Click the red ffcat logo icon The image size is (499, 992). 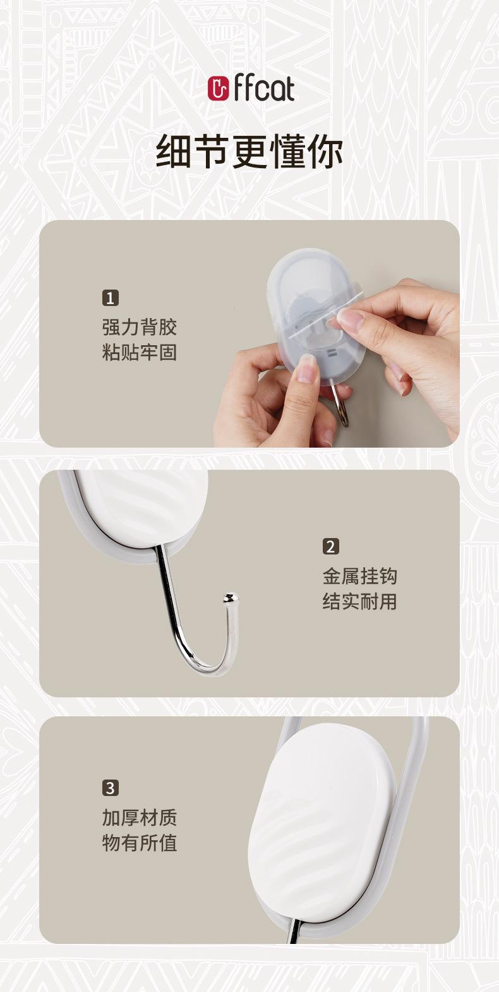pyautogui.click(x=218, y=89)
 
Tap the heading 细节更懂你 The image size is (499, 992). pyautogui.click(x=249, y=152)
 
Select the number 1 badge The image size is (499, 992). pyautogui.click(x=110, y=298)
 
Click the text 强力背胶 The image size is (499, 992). pyautogui.click(x=140, y=328)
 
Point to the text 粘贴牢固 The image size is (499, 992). pyautogui.click(x=140, y=353)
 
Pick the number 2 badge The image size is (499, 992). pyautogui.click(x=330, y=546)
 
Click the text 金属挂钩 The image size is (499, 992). pyautogui.click(x=359, y=576)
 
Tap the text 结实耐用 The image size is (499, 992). pyautogui.click(x=359, y=601)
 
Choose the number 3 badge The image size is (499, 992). pyautogui.click(x=110, y=788)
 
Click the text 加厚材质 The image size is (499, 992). pyautogui.click(x=140, y=817)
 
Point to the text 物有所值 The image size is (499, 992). pyautogui.click(x=140, y=843)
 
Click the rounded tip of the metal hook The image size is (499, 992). pyautogui.click(x=231, y=598)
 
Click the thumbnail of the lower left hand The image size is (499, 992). pyautogui.click(x=306, y=369)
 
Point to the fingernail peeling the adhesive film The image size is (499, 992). pyautogui.click(x=351, y=319)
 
